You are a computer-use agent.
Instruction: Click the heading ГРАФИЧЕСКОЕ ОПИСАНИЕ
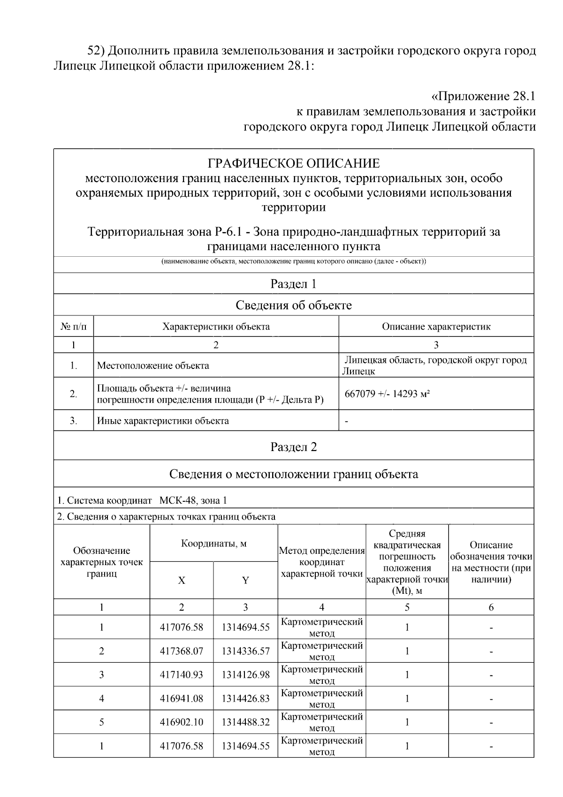[x=294, y=163]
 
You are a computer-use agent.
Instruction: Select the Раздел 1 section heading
[x=294, y=284]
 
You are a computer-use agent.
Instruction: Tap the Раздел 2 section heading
[x=294, y=447]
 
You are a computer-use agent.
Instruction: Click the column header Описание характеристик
[x=436, y=327]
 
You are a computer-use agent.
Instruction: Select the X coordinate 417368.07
[x=182, y=651]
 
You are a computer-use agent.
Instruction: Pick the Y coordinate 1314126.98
[x=245, y=675]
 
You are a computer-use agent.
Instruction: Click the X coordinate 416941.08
[x=182, y=698]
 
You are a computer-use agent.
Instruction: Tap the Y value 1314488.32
[x=245, y=722]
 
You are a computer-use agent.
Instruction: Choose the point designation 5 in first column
[x=102, y=722]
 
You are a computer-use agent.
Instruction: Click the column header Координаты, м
[x=214, y=544]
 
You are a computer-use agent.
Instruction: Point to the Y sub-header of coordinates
[x=245, y=581]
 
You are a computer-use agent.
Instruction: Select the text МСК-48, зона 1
[x=193, y=500]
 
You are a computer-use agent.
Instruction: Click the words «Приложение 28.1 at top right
[x=483, y=97]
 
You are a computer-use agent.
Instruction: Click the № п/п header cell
[x=74, y=327]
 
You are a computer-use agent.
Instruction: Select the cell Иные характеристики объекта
[x=163, y=421]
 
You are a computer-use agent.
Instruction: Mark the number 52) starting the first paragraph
[x=99, y=51]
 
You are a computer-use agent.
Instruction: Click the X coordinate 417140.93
[x=182, y=675]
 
